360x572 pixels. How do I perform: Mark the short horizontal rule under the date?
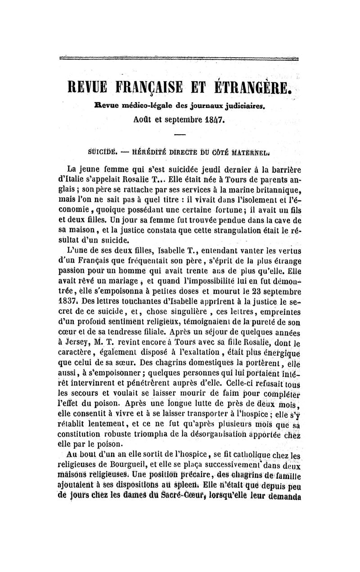(x=180, y=135)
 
